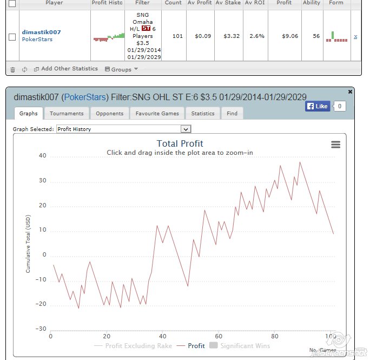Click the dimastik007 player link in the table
point(41,32)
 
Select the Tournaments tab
point(67,113)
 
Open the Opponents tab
point(110,113)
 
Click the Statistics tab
point(203,113)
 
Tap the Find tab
point(232,113)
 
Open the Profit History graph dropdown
point(124,129)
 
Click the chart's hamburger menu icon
point(335,145)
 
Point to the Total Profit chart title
point(180,143)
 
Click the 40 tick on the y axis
point(42,156)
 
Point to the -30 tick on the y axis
point(41,329)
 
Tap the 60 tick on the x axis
point(219,336)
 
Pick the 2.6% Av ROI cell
point(257,36)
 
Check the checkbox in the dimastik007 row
point(12,37)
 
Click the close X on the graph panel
point(350,92)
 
